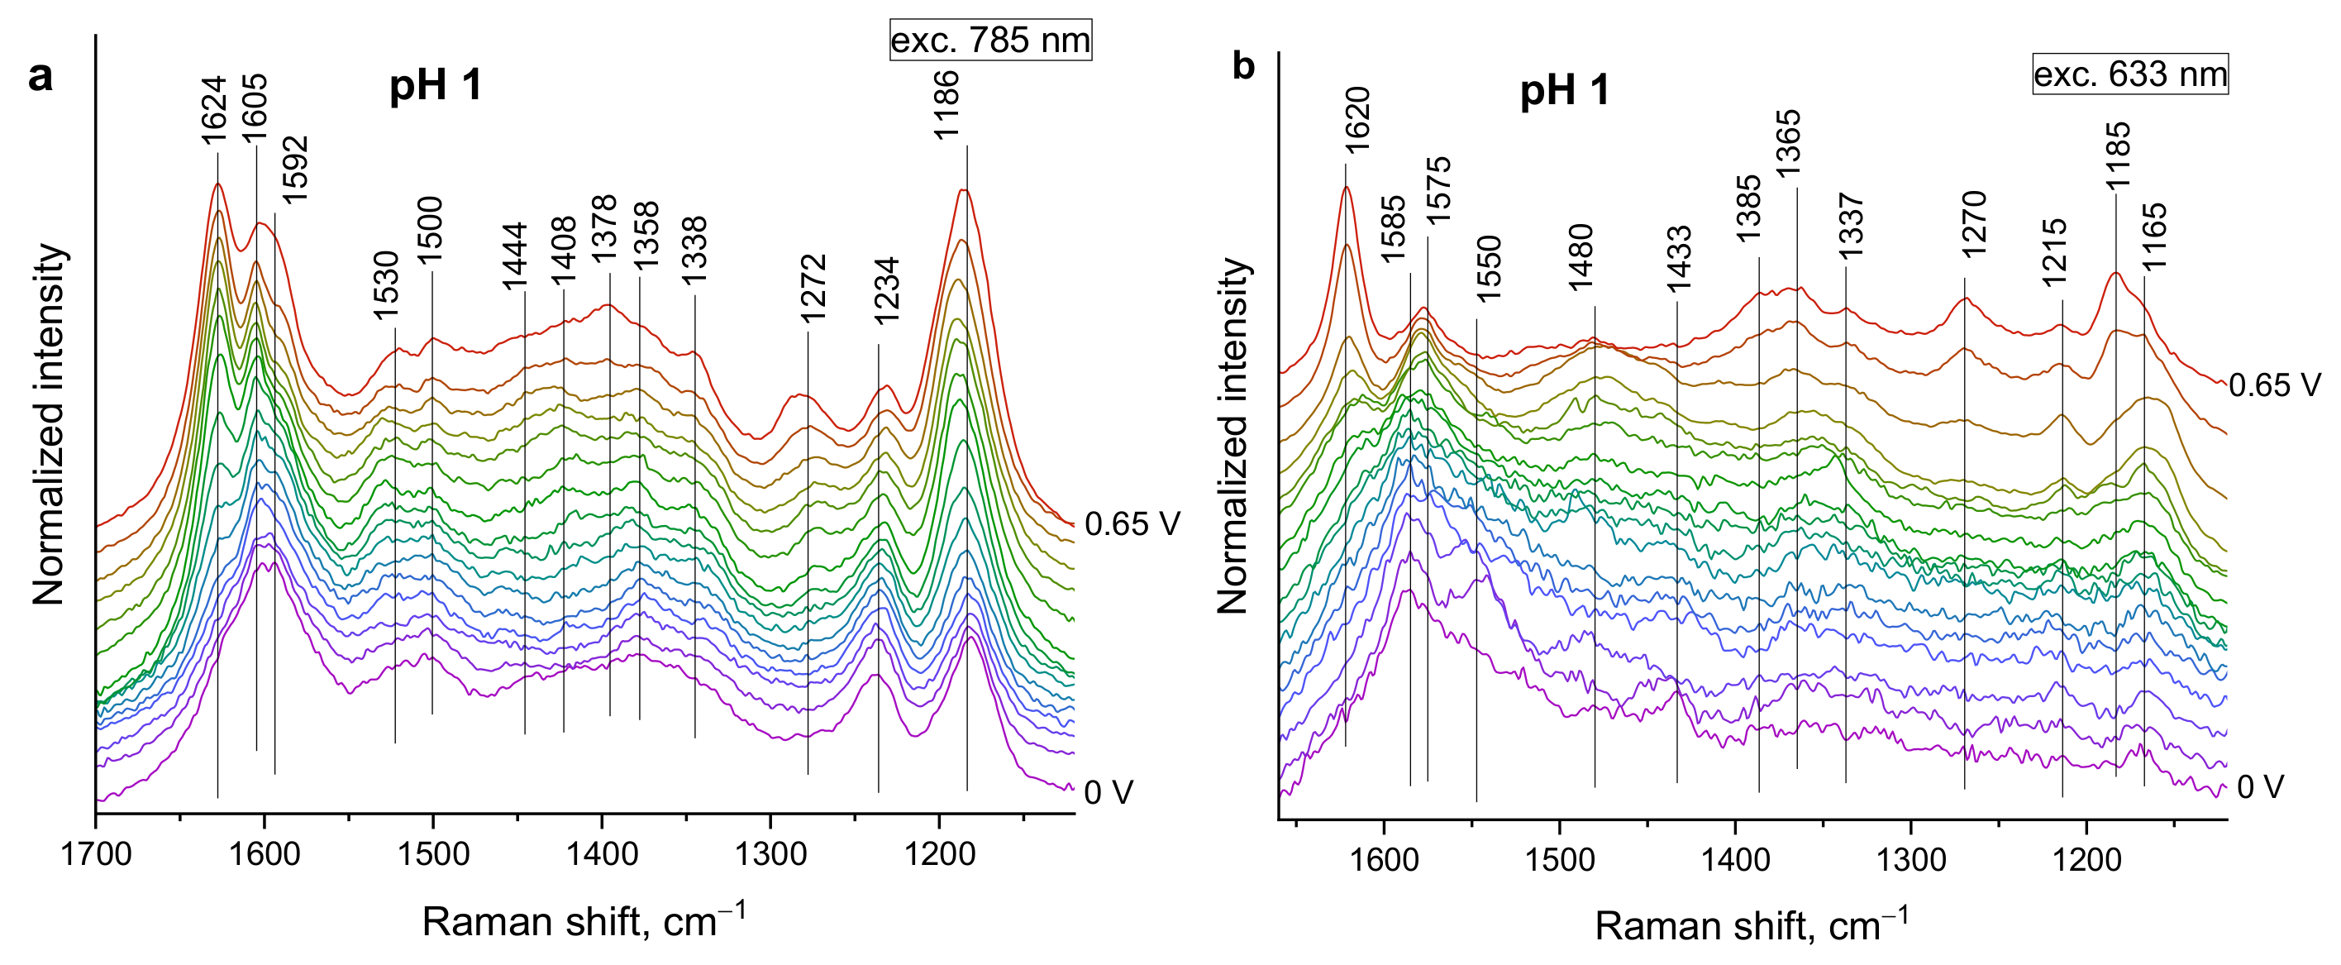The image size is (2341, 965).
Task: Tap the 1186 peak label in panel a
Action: tap(947, 104)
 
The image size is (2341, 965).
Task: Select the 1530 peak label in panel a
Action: tap(386, 284)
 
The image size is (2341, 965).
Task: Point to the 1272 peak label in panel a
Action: tap(813, 288)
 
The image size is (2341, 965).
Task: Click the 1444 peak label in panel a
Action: tap(514, 256)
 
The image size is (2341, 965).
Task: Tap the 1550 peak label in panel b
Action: tap(1489, 269)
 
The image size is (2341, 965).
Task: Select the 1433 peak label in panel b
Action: tap(1679, 259)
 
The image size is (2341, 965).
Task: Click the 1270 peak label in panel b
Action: tap(1974, 223)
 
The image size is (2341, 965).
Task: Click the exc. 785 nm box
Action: tap(989, 40)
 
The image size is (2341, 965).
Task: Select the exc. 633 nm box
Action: tap(2129, 74)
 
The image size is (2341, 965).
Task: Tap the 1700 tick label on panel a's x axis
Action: tap(97, 855)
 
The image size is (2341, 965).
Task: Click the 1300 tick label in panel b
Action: tap(1911, 858)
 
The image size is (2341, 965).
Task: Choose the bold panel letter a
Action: tap(40, 76)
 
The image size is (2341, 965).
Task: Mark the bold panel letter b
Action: tap(1243, 66)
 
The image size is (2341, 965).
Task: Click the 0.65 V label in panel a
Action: tap(1132, 524)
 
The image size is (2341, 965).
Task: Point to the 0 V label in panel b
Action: tap(2259, 787)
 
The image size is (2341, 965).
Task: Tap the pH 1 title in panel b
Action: tap(1564, 91)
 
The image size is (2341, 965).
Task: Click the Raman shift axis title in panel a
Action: tap(584, 920)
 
